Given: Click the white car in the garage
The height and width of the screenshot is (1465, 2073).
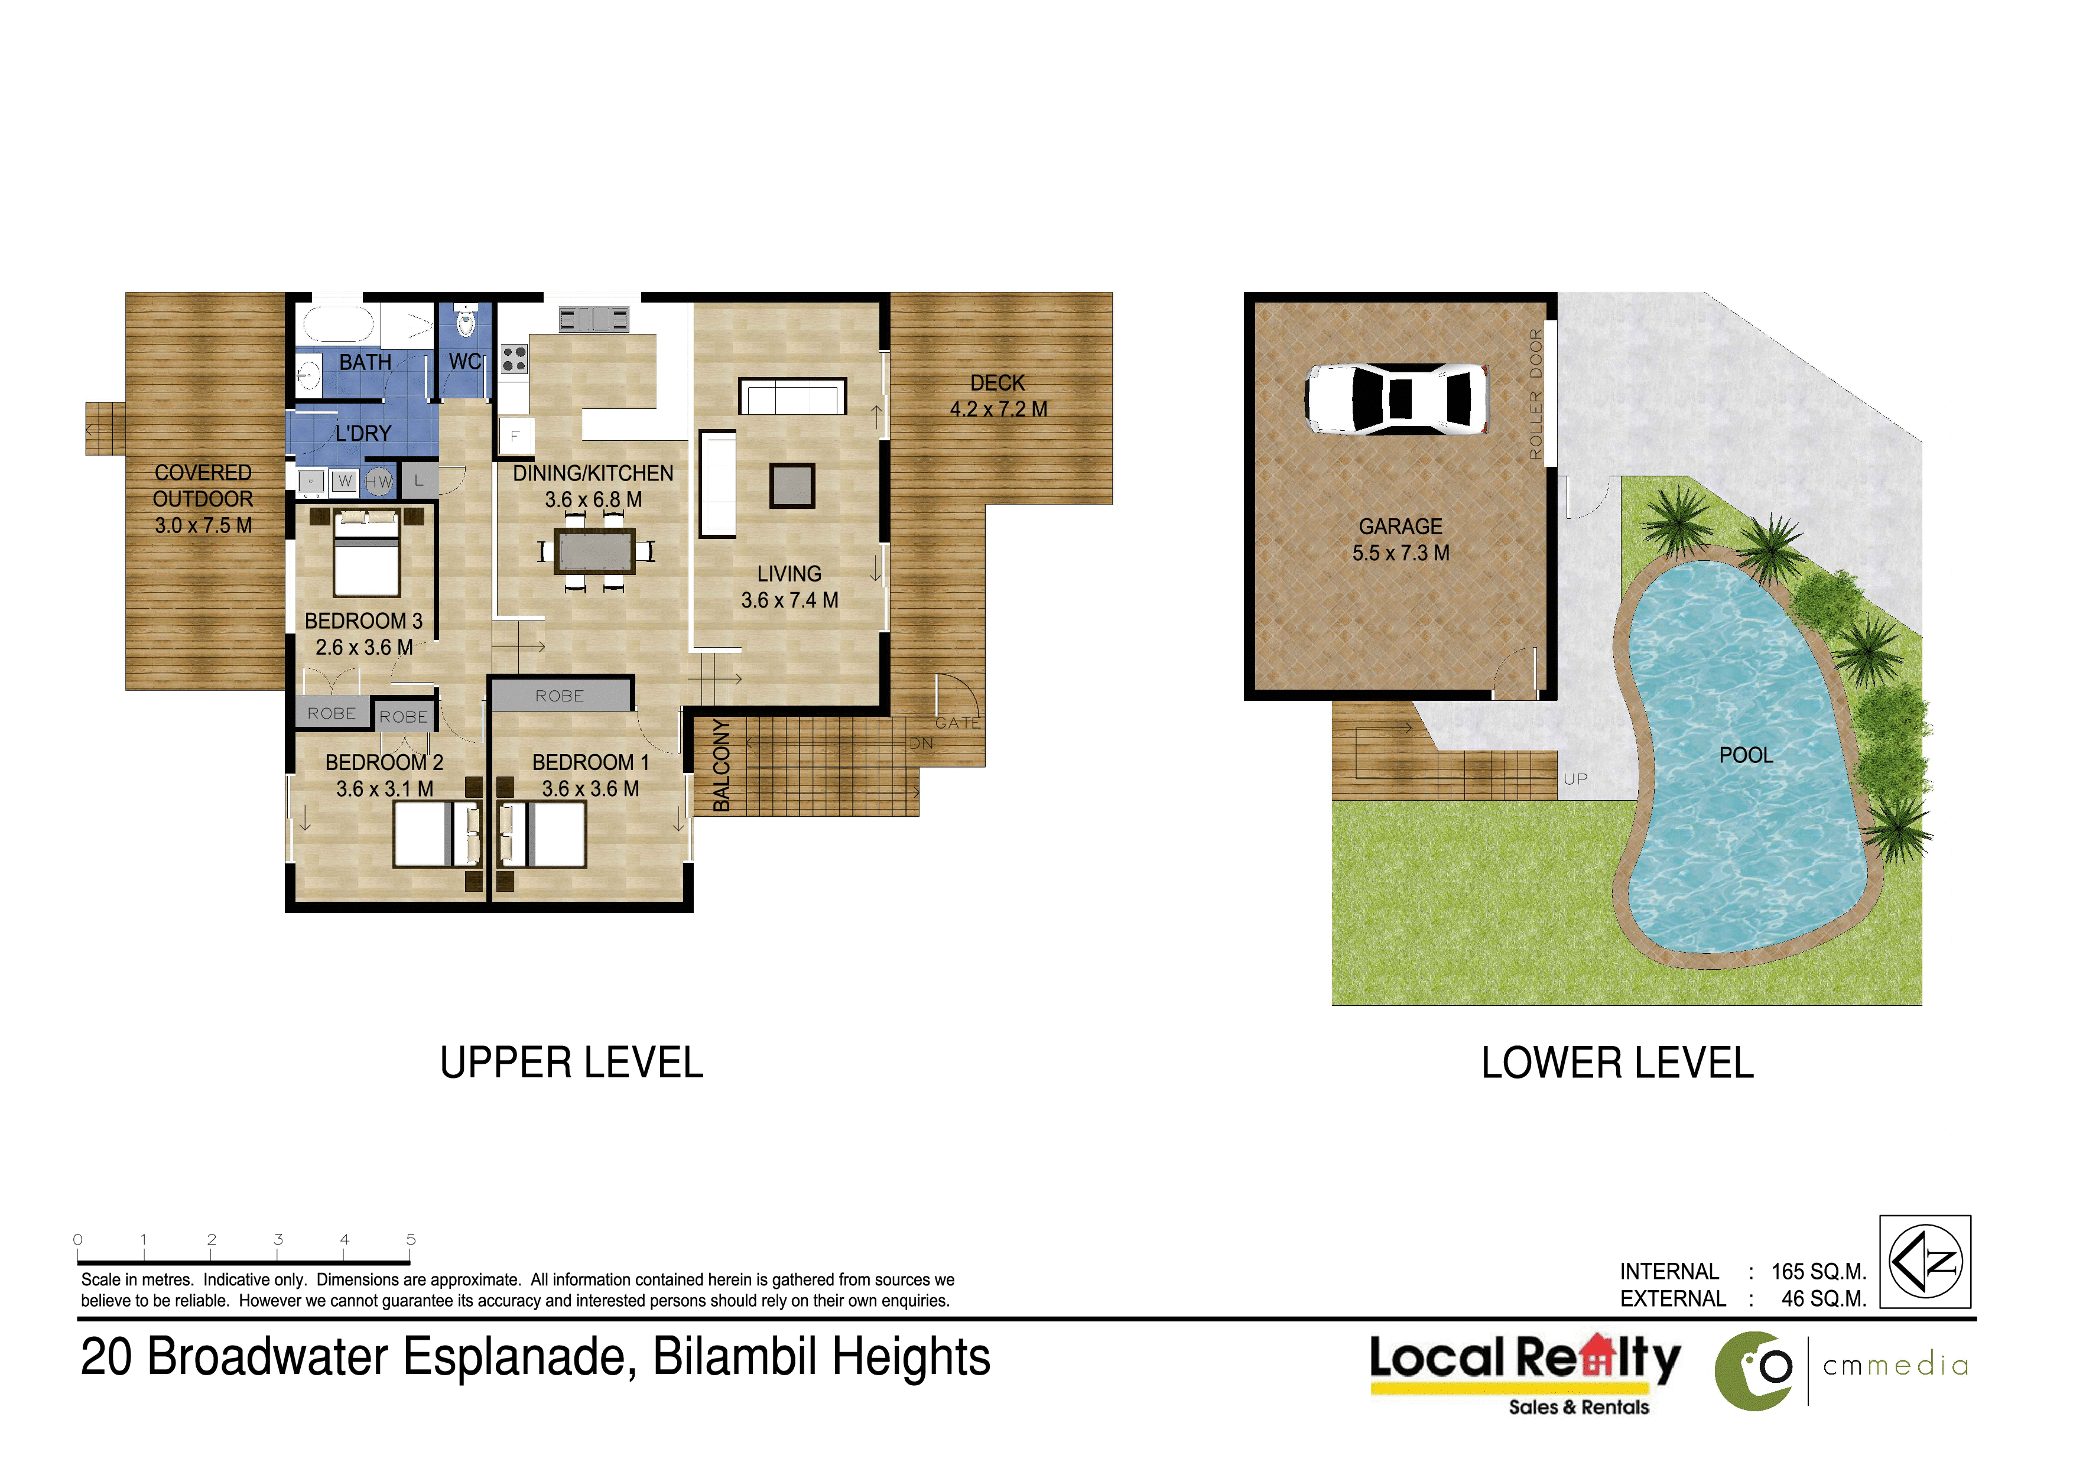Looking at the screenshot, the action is click(x=1397, y=399).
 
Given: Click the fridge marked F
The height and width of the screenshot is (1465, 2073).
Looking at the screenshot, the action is click(x=515, y=436).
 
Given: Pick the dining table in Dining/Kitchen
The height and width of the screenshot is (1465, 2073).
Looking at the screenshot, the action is click(x=595, y=551).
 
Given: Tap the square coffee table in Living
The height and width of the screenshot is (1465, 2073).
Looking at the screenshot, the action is click(x=792, y=486).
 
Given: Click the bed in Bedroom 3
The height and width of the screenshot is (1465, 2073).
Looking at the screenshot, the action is click(x=366, y=553).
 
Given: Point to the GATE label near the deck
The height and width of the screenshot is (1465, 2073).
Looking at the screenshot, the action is click(x=957, y=723).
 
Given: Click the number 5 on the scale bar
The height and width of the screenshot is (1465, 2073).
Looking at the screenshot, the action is click(x=411, y=1239).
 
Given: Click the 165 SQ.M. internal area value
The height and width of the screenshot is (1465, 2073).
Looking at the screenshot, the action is click(x=1818, y=1271).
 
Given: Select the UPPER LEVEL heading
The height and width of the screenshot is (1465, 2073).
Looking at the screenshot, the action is click(x=571, y=1063).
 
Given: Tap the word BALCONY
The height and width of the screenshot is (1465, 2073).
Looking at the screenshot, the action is click(x=722, y=765).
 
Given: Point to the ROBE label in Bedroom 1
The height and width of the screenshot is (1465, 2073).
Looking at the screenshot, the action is click(x=560, y=696).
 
